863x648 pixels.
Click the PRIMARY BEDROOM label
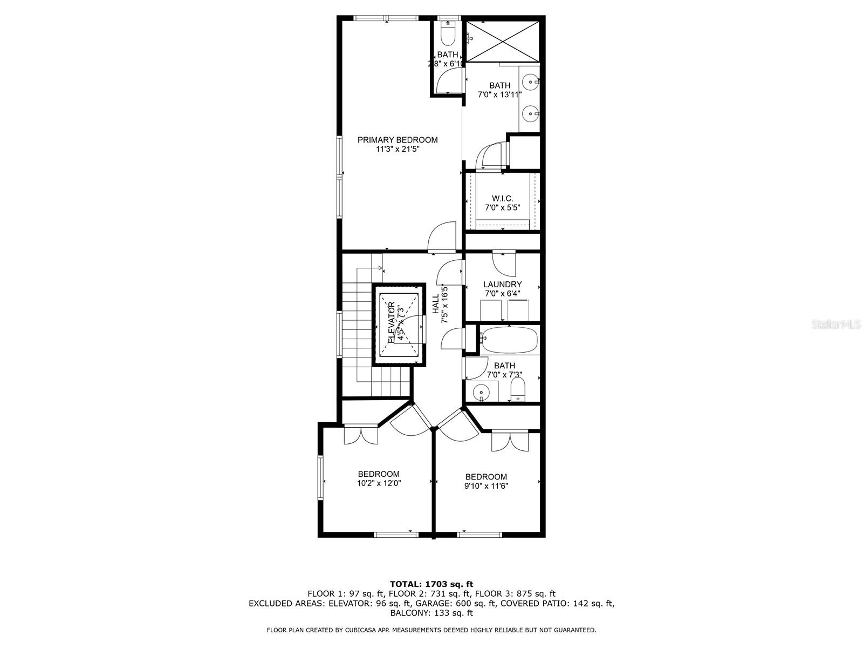point(398,140)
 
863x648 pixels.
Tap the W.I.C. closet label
point(502,199)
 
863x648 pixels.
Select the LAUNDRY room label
point(502,285)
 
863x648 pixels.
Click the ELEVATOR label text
point(392,322)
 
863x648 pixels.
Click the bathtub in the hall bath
point(509,339)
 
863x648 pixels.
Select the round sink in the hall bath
point(480,391)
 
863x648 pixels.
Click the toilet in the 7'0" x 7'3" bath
point(518,389)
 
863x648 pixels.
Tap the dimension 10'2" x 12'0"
point(379,483)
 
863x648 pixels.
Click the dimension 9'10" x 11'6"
point(486,486)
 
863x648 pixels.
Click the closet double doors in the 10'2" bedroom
point(361,435)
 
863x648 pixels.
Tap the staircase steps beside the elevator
point(356,329)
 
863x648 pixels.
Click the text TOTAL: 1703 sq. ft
point(431,584)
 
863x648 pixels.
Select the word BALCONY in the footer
point(410,613)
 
